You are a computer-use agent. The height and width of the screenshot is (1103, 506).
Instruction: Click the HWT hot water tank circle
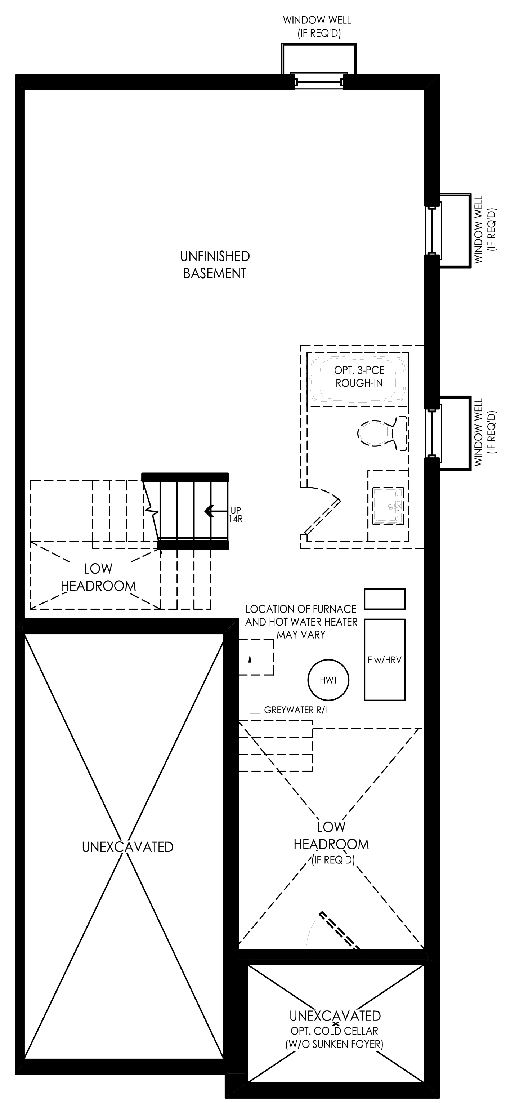click(328, 680)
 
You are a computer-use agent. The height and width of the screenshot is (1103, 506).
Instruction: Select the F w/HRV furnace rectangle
click(384, 660)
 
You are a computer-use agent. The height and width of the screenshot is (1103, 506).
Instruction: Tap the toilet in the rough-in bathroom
click(382, 432)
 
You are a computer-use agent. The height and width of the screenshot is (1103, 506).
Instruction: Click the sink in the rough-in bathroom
click(388, 506)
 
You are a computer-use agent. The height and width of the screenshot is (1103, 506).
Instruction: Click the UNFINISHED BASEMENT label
click(215, 264)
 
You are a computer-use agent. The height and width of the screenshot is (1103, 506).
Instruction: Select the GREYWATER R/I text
click(295, 710)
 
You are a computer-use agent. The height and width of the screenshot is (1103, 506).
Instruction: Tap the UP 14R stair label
click(236, 514)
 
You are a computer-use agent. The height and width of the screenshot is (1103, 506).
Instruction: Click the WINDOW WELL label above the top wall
click(317, 27)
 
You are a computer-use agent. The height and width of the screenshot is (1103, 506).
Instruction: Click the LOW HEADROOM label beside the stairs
click(98, 577)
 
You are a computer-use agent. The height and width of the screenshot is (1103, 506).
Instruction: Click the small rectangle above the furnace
click(384, 599)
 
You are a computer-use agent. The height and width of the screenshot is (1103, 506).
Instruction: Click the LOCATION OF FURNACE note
click(301, 622)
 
